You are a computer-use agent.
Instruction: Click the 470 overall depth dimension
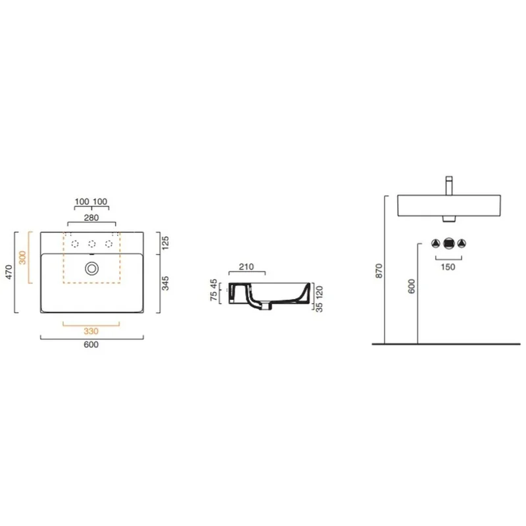click(9, 272)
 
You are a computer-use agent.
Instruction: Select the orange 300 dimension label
click(22, 258)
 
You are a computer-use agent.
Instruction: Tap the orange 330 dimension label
click(91, 331)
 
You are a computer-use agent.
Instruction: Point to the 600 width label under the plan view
click(91, 345)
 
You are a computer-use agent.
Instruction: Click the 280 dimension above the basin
click(91, 218)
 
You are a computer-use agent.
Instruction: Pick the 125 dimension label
click(165, 243)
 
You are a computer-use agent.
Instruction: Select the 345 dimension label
click(165, 283)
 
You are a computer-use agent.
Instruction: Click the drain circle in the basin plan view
click(91, 268)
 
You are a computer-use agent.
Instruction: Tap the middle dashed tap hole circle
click(91, 244)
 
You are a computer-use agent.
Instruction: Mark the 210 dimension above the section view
click(246, 267)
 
